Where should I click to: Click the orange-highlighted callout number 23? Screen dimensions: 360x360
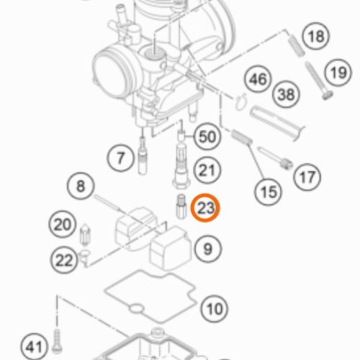205,208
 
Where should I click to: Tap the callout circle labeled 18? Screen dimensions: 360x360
316,36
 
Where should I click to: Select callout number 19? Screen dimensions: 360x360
338,73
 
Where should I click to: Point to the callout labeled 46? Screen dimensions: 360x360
258,78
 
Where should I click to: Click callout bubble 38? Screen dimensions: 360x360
286,94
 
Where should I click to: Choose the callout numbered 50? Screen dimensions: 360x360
207,136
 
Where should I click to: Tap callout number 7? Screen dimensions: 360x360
120,158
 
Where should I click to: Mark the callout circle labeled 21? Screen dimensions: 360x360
207,171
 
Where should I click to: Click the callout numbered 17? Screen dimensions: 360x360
307,177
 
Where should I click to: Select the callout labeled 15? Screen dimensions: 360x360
268,192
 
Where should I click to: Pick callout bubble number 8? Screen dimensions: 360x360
81,186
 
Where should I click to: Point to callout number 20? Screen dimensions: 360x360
63,225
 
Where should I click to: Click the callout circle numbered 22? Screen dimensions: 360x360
64,260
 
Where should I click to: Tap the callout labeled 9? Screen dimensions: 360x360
207,248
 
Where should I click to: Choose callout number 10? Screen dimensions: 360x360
215,308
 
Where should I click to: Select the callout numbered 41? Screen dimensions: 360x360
34,346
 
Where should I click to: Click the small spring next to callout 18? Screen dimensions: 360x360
296,45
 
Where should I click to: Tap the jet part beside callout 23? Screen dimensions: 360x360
181,206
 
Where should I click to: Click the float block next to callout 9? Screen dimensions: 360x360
171,248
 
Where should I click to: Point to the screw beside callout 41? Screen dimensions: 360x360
57,341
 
